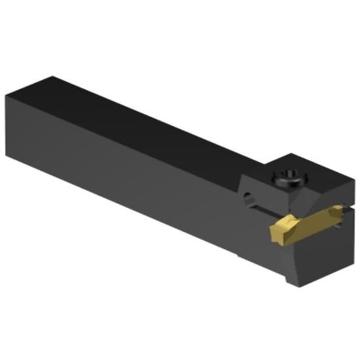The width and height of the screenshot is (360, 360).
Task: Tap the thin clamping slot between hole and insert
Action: pyautogui.click(x=265, y=211)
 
